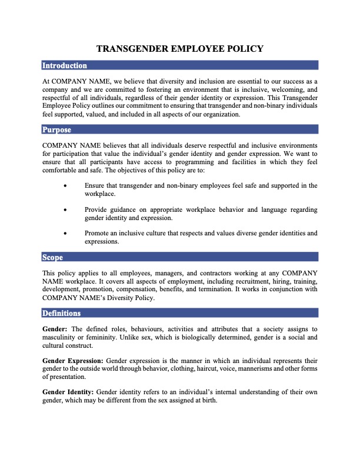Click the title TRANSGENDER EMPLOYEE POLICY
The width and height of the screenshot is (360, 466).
pyautogui.click(x=180, y=49)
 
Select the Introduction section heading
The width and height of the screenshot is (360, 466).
pyautogui.click(x=65, y=65)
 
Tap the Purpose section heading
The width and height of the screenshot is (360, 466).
pyautogui.click(x=57, y=129)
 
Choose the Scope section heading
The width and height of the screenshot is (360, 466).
pyautogui.click(x=53, y=257)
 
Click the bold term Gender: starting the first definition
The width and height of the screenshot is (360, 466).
pyautogui.click(x=55, y=328)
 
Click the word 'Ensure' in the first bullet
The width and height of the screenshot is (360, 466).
pyautogui.click(x=95, y=185)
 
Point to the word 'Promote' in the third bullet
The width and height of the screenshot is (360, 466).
pyautogui.click(x=98, y=232)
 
